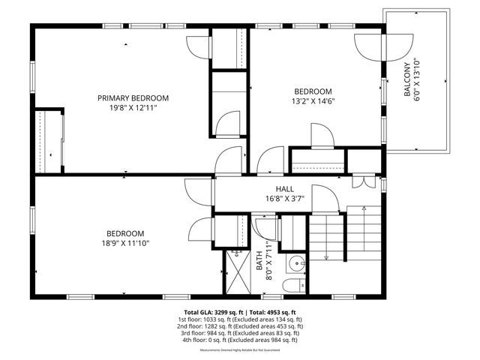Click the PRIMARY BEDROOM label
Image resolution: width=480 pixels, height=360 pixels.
pos(133,97)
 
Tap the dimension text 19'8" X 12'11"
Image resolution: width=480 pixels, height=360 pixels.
pos(133,108)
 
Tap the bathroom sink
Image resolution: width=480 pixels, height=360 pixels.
pos(297,263)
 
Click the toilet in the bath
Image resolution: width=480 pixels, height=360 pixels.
pos(294,286)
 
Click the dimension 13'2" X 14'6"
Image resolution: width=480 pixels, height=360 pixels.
pos(313,100)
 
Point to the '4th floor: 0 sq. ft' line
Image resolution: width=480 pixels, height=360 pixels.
pos(240,340)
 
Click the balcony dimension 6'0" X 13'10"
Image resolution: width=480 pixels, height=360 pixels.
pos(417,80)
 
